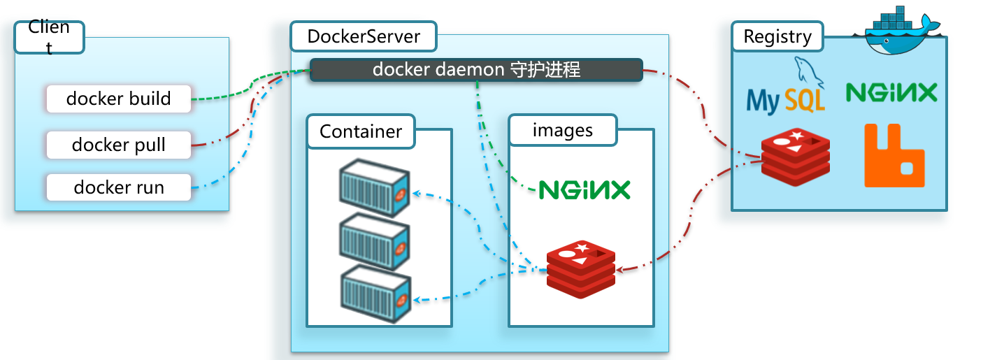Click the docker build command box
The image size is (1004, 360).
tap(118, 99)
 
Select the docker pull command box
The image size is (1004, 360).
tap(118, 145)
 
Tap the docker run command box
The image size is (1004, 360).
tap(118, 187)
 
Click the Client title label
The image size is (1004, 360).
tap(49, 37)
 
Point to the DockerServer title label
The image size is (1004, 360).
tap(364, 36)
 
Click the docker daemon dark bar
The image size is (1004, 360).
tap(475, 70)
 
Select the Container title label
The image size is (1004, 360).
tap(361, 131)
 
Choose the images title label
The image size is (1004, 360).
tap(563, 130)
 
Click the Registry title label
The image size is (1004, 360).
tap(777, 36)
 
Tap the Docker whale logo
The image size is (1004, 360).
tap(898, 31)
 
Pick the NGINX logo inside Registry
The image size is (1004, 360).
tap(891, 92)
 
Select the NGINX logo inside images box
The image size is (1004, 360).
tap(585, 189)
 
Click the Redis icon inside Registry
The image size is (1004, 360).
tap(796, 157)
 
